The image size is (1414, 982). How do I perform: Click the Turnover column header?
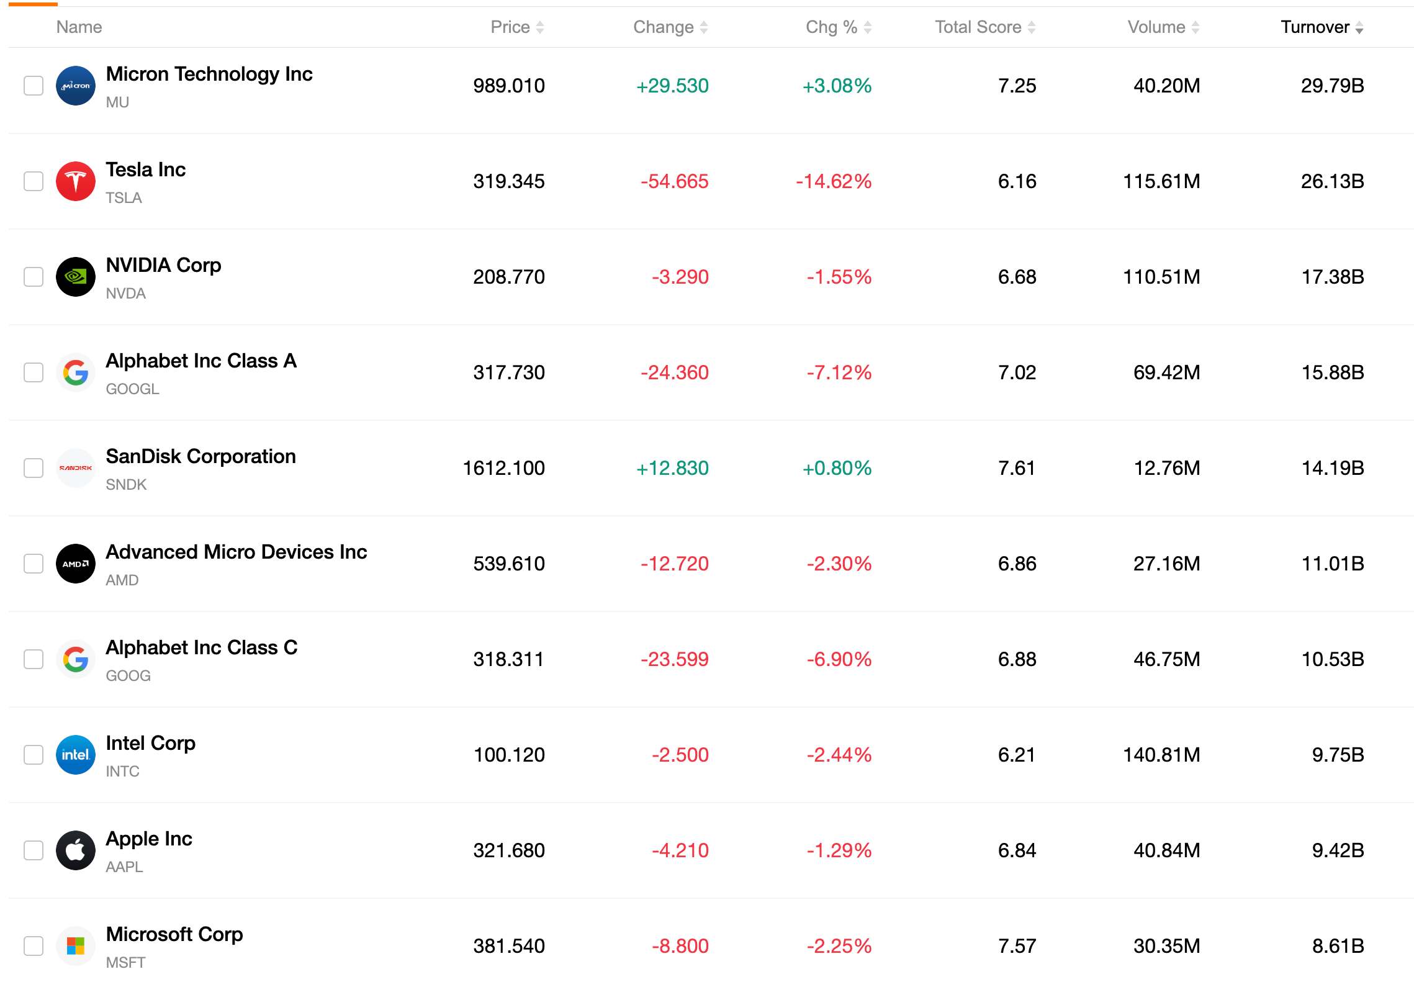pos(1315,27)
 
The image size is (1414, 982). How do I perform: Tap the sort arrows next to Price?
pos(540,27)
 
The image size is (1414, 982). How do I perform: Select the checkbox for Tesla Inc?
pos(34,181)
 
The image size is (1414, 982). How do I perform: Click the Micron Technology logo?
pos(76,86)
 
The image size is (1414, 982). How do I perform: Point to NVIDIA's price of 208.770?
pos(509,277)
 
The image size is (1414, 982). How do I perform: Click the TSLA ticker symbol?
pos(124,198)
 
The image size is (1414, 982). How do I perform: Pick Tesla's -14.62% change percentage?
pos(834,181)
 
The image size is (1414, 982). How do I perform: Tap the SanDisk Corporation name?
pos(201,456)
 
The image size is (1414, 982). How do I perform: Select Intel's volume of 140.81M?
pos(1161,755)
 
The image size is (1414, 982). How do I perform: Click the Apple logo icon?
pos(76,850)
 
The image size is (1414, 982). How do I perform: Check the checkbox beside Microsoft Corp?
pos(34,946)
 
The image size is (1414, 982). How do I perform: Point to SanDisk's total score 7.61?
pos(1017,468)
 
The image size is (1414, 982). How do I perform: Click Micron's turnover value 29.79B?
pos(1332,86)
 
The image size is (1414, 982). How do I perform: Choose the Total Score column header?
pos(978,27)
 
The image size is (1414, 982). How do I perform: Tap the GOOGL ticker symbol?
pos(133,389)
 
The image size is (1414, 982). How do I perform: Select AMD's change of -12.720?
pos(675,564)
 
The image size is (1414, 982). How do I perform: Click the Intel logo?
pos(76,755)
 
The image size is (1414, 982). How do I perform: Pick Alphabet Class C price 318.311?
pos(508,659)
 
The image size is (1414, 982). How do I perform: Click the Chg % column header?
pos(831,27)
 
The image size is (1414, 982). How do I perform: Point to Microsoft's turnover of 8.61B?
pos(1338,946)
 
